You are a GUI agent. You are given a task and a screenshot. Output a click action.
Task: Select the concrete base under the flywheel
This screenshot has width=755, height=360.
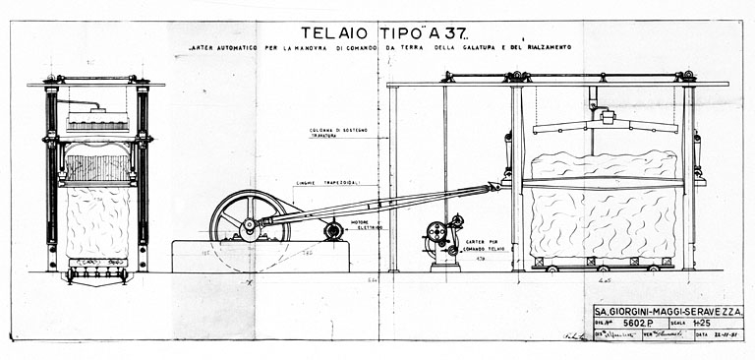coord(261,257)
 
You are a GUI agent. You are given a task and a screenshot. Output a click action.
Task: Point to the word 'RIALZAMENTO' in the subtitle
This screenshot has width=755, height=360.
coord(541,49)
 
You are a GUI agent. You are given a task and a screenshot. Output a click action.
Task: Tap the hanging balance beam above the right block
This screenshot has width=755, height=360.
coord(605,125)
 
